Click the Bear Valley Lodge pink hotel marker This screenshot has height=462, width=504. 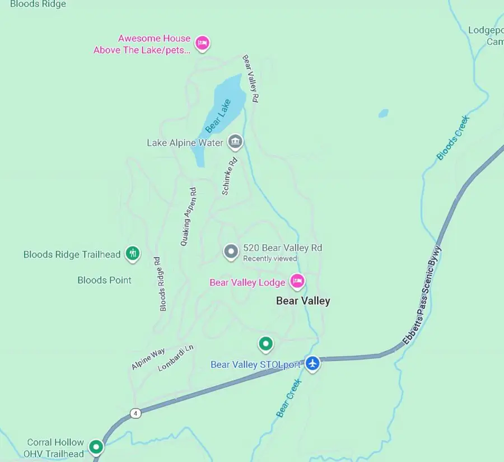[x=297, y=281]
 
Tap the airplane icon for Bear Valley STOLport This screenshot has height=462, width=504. [x=312, y=363]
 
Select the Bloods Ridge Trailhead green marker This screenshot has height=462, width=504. [x=133, y=253]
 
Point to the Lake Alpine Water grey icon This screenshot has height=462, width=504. [x=236, y=142]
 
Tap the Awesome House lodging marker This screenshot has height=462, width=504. [x=202, y=43]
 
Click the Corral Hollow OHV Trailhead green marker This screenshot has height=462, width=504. [x=97, y=447]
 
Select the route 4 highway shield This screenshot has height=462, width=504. [x=135, y=413]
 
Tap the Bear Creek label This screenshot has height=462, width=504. [x=289, y=398]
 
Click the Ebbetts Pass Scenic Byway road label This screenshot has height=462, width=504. [x=422, y=295]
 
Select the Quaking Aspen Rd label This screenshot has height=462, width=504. [x=189, y=217]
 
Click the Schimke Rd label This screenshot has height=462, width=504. [x=229, y=176]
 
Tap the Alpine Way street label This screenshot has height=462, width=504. [x=148, y=359]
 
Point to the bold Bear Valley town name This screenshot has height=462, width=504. [x=303, y=301]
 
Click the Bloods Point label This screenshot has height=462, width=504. [x=105, y=280]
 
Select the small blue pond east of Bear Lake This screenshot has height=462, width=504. [x=384, y=113]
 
